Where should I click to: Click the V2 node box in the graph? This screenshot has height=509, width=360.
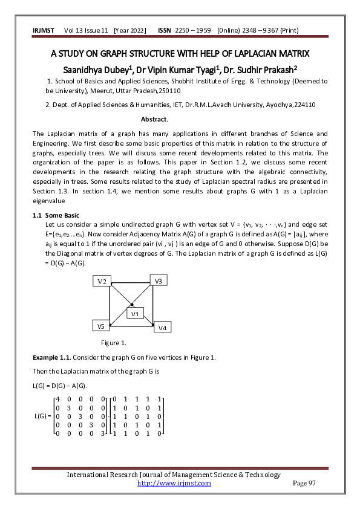(103, 282)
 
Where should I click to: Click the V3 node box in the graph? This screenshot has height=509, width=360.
(159, 280)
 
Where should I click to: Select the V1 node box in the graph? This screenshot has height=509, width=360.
(135, 313)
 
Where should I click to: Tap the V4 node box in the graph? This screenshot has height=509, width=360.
(163, 327)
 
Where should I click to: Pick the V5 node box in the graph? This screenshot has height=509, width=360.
(102, 326)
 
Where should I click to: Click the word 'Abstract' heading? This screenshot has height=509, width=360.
(154, 120)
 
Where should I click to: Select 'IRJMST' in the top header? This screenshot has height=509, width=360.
(43, 31)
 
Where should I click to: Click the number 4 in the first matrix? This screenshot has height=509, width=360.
(57, 400)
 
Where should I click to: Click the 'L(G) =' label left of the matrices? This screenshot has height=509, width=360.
(43, 417)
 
